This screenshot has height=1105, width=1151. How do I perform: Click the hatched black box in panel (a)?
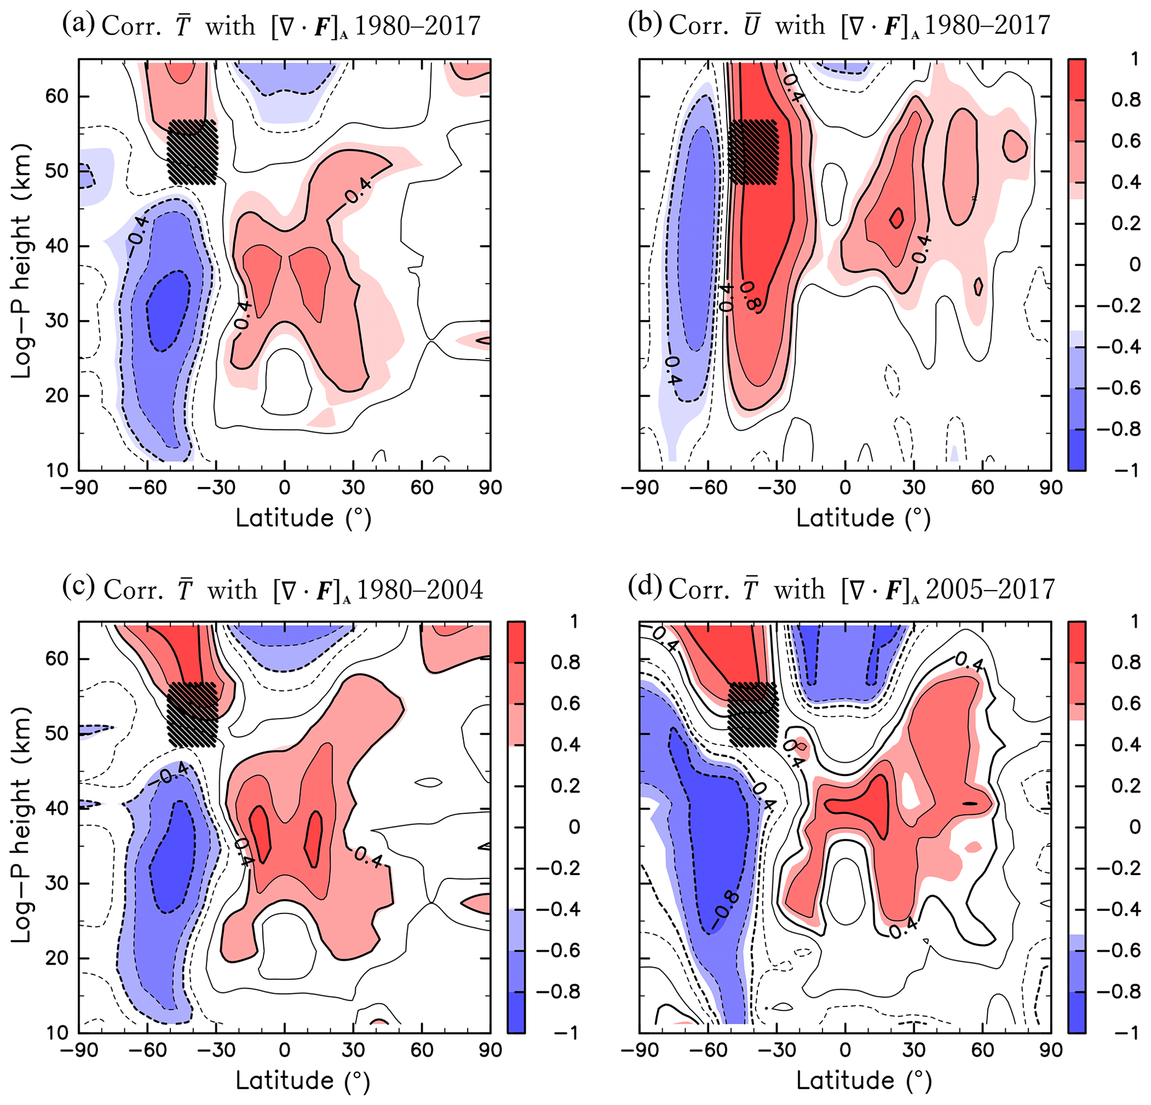point(192,152)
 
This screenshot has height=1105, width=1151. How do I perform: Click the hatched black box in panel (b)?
point(753,152)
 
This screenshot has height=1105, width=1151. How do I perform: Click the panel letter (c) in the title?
point(77,588)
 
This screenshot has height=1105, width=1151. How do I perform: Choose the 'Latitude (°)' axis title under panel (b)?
point(863,518)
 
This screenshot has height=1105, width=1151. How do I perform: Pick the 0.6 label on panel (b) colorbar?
point(1126,141)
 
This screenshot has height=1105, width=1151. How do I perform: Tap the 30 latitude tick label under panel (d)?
point(914,1050)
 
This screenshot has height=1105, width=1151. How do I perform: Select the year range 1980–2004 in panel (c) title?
point(420,589)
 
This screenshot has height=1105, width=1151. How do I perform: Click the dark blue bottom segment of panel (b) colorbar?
point(1076,450)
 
